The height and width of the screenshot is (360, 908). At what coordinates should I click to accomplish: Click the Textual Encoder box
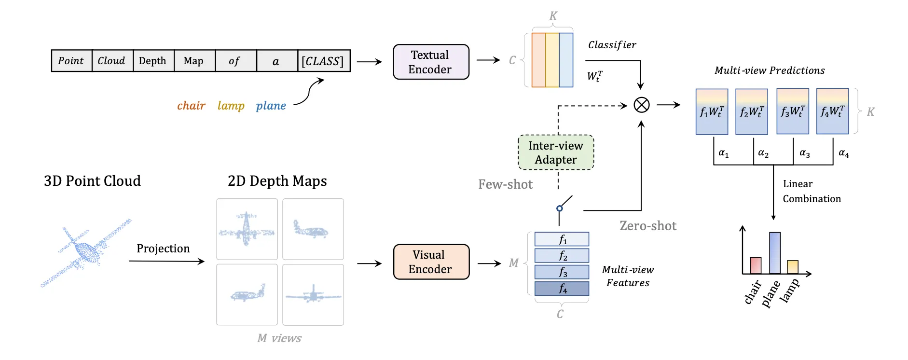(x=431, y=62)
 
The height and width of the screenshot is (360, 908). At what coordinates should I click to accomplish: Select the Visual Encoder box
(x=431, y=262)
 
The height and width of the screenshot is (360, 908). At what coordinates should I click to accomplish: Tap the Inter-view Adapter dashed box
(x=556, y=152)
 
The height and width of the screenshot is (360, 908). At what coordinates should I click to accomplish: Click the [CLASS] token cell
(x=323, y=61)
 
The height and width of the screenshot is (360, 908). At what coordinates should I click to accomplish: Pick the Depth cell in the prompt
(x=153, y=61)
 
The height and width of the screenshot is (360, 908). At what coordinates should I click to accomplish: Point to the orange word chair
(x=191, y=106)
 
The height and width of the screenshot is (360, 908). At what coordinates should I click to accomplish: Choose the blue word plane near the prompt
(x=271, y=106)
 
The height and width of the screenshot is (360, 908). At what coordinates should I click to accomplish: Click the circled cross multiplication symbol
(x=641, y=105)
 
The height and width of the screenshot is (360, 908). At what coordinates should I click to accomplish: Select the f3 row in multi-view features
(x=562, y=272)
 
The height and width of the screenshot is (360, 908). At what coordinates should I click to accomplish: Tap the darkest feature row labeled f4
(x=562, y=289)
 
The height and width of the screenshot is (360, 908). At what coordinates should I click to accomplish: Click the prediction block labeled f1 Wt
(x=712, y=111)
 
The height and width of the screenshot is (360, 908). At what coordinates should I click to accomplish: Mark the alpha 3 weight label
(x=804, y=153)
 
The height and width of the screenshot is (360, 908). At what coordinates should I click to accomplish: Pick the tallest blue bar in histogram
(x=775, y=253)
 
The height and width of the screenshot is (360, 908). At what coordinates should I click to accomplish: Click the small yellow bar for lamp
(x=793, y=267)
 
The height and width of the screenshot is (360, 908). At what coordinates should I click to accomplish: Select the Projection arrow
(x=166, y=261)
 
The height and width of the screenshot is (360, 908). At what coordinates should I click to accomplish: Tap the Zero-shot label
(x=647, y=226)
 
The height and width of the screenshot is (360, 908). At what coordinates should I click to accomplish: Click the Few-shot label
(x=505, y=184)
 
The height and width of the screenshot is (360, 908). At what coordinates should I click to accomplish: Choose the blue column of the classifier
(x=566, y=60)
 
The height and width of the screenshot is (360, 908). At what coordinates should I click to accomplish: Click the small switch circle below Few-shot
(x=559, y=208)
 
